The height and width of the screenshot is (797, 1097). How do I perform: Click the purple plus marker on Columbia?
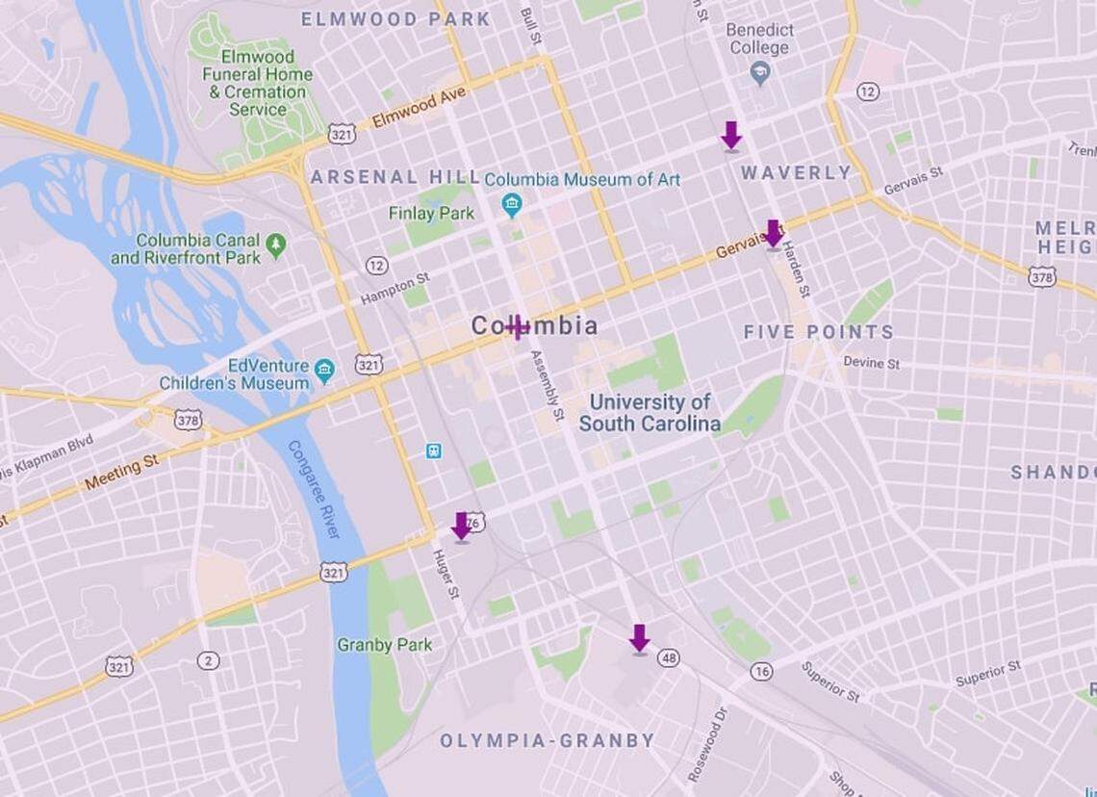tap(518, 327)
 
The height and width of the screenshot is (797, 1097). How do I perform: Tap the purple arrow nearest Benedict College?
tap(731, 136)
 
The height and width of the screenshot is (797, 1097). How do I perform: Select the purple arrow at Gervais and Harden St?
tap(773, 234)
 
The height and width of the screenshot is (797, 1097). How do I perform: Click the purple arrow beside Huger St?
tap(462, 527)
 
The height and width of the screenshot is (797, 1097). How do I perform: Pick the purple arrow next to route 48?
tap(639, 639)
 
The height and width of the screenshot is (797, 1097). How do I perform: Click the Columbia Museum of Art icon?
tap(511, 203)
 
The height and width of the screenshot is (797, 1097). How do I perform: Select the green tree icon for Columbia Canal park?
tap(276, 245)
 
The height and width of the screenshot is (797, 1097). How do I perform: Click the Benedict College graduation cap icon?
tap(761, 73)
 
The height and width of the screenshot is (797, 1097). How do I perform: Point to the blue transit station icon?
tap(434, 450)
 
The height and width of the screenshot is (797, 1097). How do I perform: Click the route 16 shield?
tap(761, 671)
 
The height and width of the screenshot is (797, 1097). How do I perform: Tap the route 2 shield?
tap(208, 660)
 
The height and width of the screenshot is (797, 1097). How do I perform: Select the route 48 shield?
tap(669, 657)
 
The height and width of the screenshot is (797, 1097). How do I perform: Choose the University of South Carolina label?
tap(650, 413)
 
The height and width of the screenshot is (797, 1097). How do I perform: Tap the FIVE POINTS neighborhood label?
tap(818, 332)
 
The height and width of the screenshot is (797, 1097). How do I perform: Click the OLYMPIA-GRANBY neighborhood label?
tap(547, 740)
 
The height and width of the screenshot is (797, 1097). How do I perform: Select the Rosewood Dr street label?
tap(708, 743)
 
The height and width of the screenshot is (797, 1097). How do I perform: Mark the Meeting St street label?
tap(121, 473)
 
